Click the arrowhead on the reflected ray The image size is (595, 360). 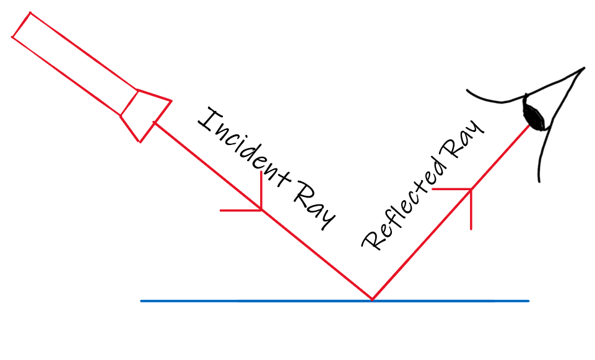pyautogui.click(x=471, y=189)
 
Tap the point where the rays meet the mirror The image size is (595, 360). pyautogui.click(x=372, y=300)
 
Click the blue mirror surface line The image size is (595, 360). pyautogui.click(x=260, y=301)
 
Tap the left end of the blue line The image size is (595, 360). pyautogui.click(x=142, y=301)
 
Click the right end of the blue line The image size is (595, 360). pyautogui.click(x=528, y=301)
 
